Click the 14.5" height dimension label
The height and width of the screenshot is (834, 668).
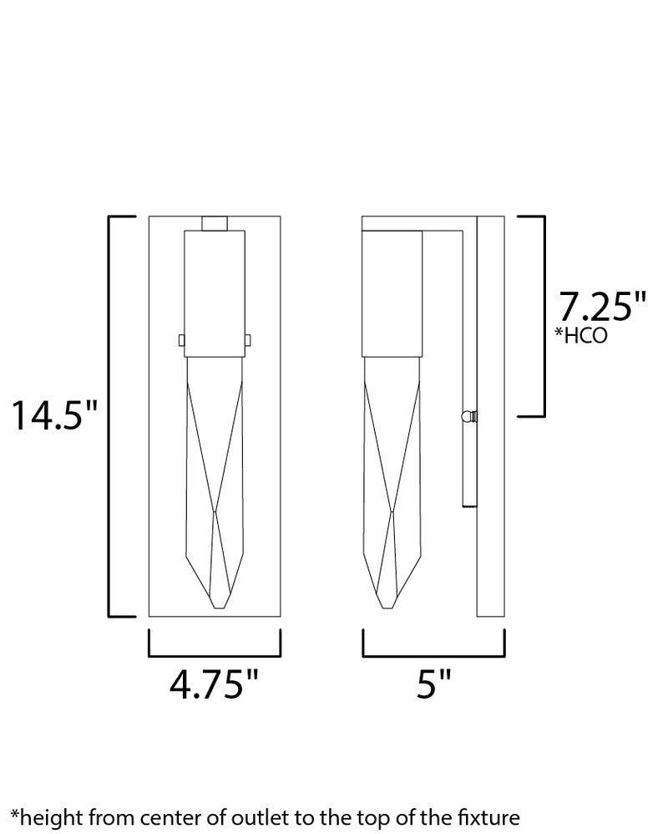pos(55,415)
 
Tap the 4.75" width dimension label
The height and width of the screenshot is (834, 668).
pos(214,684)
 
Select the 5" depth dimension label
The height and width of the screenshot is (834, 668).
pos(433,684)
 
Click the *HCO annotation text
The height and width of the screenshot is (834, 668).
pos(581,335)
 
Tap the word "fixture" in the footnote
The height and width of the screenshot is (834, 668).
pos(488,817)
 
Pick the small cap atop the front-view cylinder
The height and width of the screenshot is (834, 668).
pos(215,223)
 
